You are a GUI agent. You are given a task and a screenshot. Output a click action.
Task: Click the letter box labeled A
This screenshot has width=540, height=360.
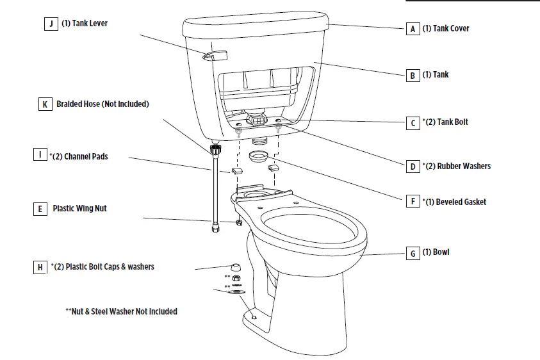pyautogui.click(x=413, y=29)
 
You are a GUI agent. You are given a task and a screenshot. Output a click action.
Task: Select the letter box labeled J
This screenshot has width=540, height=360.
pyautogui.click(x=50, y=24)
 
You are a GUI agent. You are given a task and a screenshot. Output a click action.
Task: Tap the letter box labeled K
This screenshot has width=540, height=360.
pyautogui.click(x=44, y=104)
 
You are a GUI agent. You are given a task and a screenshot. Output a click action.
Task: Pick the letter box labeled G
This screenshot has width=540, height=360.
pyautogui.click(x=413, y=252)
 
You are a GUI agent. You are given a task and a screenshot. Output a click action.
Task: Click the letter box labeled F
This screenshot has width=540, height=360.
pyautogui.click(x=413, y=202)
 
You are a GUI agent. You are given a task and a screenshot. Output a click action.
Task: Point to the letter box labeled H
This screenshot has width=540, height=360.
pyautogui.click(x=41, y=266)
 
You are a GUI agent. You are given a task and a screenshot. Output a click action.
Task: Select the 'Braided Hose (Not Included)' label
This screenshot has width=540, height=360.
pyautogui.click(x=102, y=104)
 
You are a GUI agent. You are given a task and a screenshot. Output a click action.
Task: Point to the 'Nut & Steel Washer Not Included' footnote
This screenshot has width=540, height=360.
pyautogui.click(x=121, y=311)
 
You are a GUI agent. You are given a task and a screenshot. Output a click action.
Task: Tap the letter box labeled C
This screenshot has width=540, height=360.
pyautogui.click(x=413, y=122)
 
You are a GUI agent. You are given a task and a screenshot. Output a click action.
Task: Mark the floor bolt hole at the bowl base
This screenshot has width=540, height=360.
pyautogui.click(x=254, y=316)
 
